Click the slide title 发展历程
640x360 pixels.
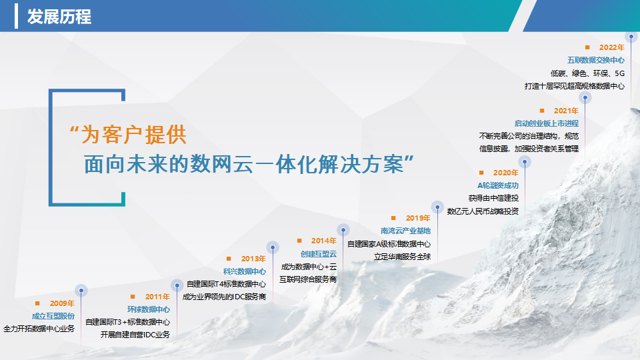pos(59,17)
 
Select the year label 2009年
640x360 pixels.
pos(62,303)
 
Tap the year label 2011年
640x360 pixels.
pos(157,297)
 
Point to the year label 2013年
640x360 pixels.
pos(253,259)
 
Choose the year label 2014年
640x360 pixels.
pos(324,241)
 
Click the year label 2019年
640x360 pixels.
pos(418,218)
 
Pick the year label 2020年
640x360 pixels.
pos(506,173)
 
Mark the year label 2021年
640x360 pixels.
pos(566,111)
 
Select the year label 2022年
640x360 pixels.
pos(612,47)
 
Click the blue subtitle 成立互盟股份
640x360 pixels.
pos(53,316)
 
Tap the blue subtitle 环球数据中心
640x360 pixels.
pos(149,309)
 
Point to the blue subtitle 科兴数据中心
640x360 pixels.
pos(245,271)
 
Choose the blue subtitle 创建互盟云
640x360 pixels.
pos(319,254)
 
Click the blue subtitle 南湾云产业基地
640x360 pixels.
pos(406,231)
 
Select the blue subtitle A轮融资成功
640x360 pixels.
pos(498,186)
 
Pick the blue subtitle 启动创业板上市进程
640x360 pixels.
pos(547,123)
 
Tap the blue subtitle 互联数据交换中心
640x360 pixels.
pos(596,61)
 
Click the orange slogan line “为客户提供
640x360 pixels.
pos(128,134)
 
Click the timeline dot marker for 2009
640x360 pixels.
pos(81,291)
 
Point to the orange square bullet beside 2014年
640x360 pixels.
pos(299,241)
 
